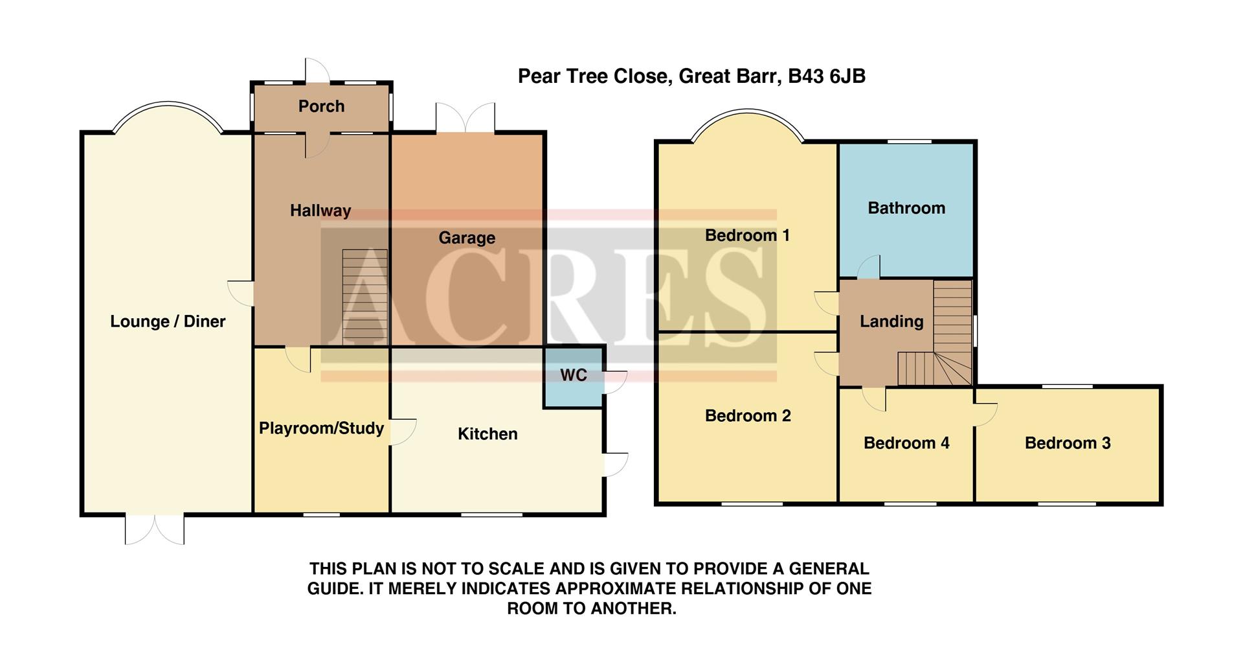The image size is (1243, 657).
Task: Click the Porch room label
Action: point(321,106)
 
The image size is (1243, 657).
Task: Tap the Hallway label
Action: point(320,211)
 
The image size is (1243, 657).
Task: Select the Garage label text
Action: point(467,238)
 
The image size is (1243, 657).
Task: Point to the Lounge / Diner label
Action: point(168,321)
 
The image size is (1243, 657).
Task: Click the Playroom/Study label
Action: point(321,428)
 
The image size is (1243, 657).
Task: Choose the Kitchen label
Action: point(487,434)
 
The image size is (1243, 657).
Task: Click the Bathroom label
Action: point(906,208)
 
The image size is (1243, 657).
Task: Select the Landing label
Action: point(891,321)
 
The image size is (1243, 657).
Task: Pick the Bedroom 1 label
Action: point(747,235)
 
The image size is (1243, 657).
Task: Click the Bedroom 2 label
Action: point(748,415)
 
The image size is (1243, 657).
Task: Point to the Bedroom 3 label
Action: point(1068,443)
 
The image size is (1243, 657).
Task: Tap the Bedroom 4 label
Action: point(906,443)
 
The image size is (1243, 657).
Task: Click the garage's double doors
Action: point(465,119)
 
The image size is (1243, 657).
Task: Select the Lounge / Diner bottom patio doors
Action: point(155,529)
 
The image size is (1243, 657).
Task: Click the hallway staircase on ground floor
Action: point(364,297)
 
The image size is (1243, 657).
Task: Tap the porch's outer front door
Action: point(317,72)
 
